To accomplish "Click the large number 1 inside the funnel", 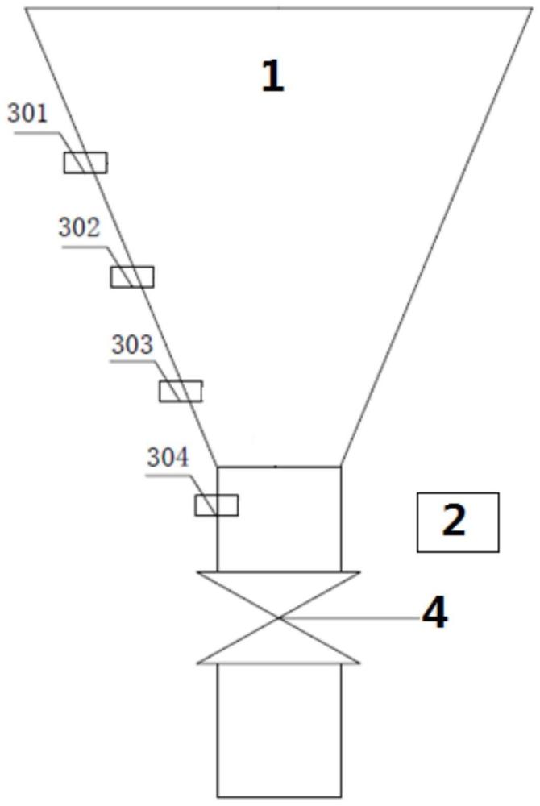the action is pyautogui.click(x=273, y=77).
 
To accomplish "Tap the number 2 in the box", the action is pyautogui.click(x=455, y=521).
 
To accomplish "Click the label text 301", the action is pyautogui.click(x=27, y=114).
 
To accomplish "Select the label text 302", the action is pyautogui.click(x=78, y=228).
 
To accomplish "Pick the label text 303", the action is pyautogui.click(x=131, y=345).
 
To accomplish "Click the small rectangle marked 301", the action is pyautogui.click(x=85, y=162).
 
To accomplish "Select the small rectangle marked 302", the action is pyautogui.click(x=131, y=276).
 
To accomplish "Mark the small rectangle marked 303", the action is pyautogui.click(x=181, y=392).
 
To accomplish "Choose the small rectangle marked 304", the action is pyautogui.click(x=217, y=505).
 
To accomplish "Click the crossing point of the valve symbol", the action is pyautogui.click(x=279, y=618).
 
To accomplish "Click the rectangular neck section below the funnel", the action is pyautogui.click(x=279, y=518).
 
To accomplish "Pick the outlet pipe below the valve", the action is pyautogui.click(x=279, y=729).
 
